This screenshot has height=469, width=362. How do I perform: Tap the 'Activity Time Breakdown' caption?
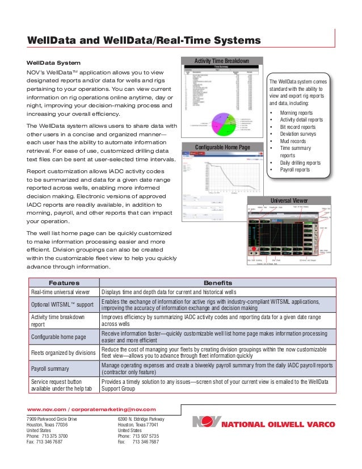pos(222,61)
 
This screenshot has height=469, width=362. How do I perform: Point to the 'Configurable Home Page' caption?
pos(222,148)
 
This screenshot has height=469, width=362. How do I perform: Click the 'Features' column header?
pos(64,283)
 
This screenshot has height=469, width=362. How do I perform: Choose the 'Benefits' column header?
pos(217,283)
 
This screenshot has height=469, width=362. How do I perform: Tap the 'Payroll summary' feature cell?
pos(53,368)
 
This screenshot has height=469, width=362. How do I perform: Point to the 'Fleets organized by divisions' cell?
pos(63,352)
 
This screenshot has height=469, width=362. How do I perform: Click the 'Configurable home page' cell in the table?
pos(58,336)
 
